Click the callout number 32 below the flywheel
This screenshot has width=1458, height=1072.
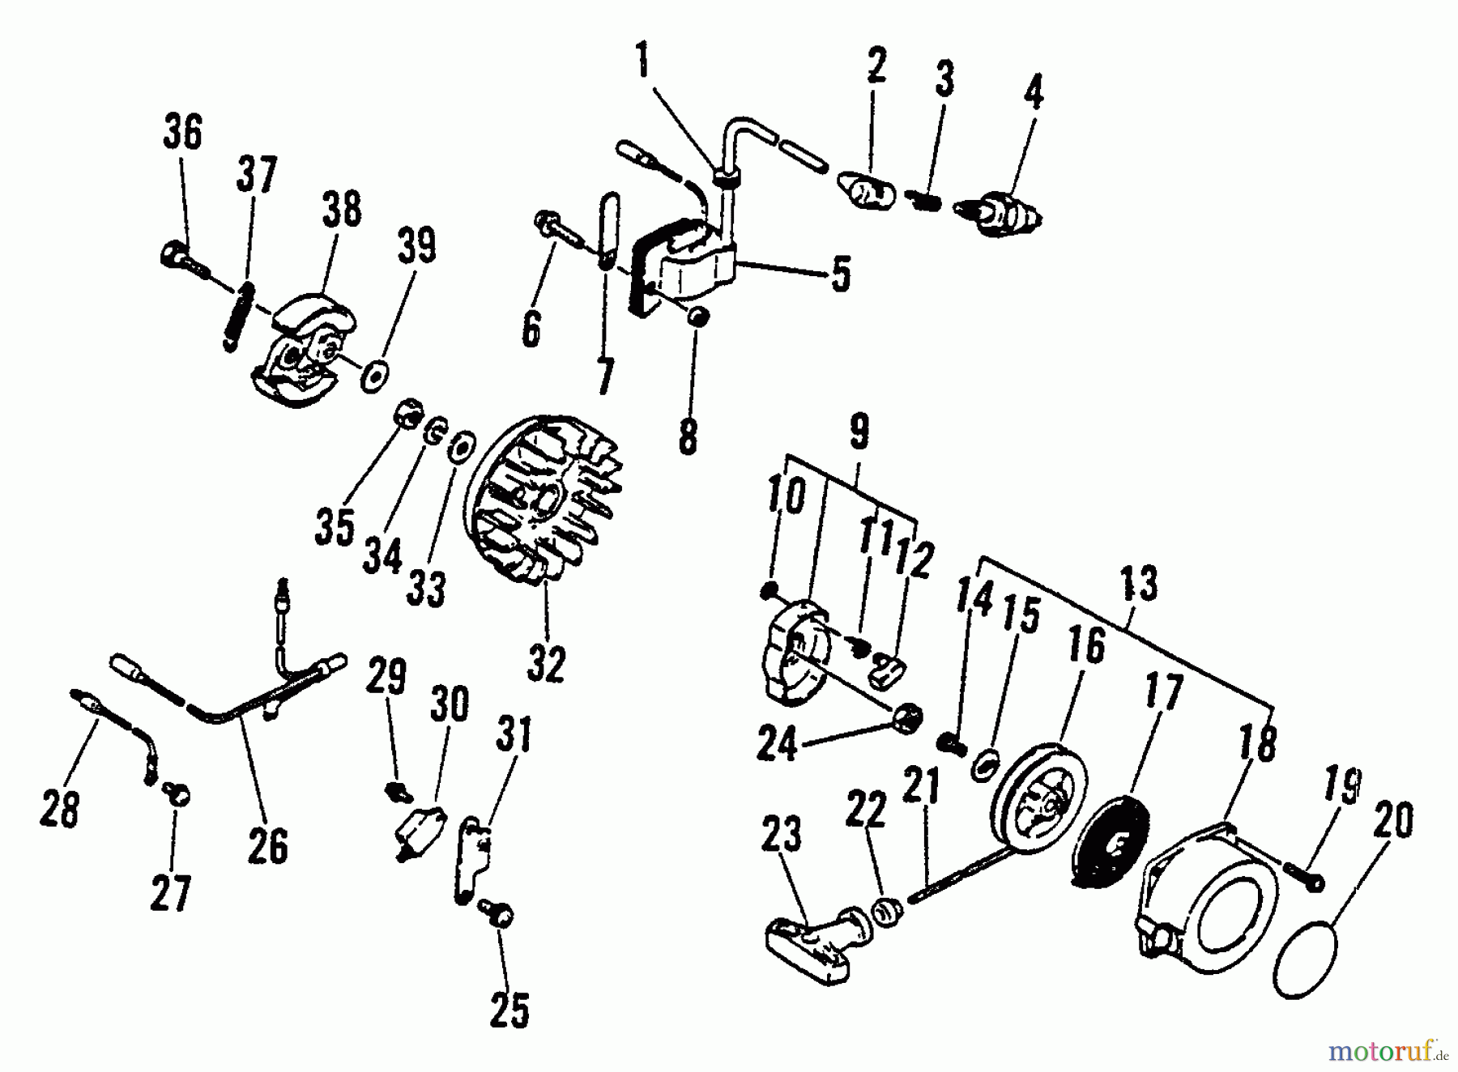pos(545,666)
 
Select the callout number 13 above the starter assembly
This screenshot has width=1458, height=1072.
pos(1140,585)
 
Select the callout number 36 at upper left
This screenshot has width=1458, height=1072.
pos(183,133)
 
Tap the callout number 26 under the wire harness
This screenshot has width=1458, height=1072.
pos(267,847)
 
